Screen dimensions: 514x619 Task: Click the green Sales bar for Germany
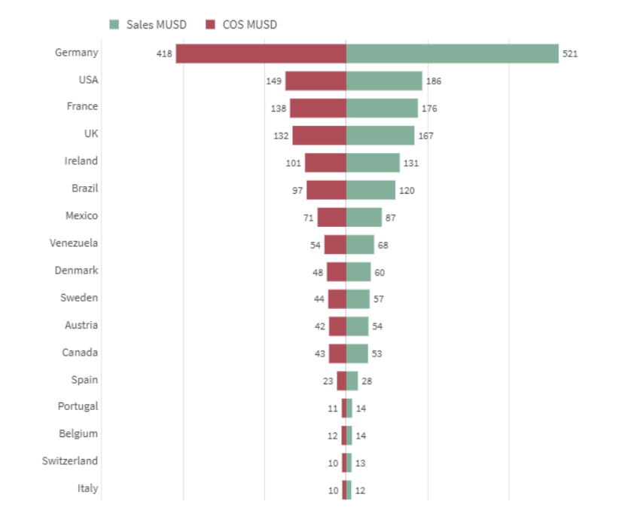[452, 54]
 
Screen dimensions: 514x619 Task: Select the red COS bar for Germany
[261, 54]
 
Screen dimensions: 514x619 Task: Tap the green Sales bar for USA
[384, 81]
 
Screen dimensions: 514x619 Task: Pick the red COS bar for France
[318, 108]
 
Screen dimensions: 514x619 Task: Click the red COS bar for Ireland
[325, 163]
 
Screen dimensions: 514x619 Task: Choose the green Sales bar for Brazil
[370, 190]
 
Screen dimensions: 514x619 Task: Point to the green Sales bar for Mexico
[364, 217]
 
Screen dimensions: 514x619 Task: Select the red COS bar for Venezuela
[335, 244]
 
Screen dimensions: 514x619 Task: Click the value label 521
[570, 54]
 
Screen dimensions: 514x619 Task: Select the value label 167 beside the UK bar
[426, 136]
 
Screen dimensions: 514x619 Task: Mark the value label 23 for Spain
[328, 381]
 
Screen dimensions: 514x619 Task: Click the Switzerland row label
[70, 460]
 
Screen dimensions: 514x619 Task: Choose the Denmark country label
[77, 270]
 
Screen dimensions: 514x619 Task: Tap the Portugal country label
[78, 406]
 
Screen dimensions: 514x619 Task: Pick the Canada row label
[80, 352]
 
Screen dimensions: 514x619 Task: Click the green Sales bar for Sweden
[358, 299]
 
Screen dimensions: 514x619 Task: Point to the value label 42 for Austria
[320, 327]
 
